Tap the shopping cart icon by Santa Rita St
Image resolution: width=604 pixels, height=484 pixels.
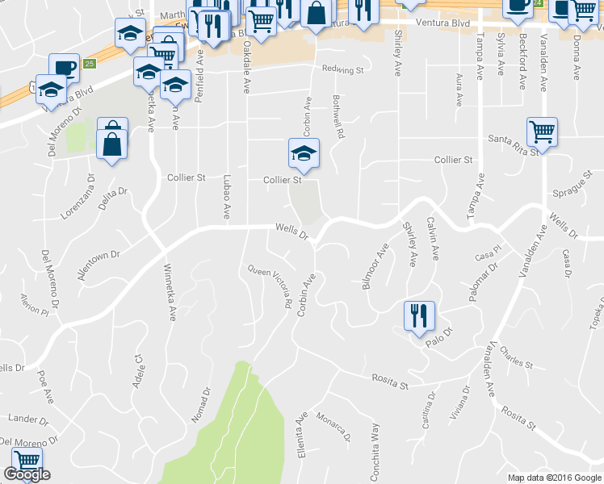coord(542,131)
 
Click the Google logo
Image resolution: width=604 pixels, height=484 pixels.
coord(27,475)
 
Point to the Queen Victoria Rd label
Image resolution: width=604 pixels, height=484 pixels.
coord(269,287)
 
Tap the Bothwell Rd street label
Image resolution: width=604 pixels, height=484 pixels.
coord(338,116)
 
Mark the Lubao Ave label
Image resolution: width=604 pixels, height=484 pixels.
coord(227,198)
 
